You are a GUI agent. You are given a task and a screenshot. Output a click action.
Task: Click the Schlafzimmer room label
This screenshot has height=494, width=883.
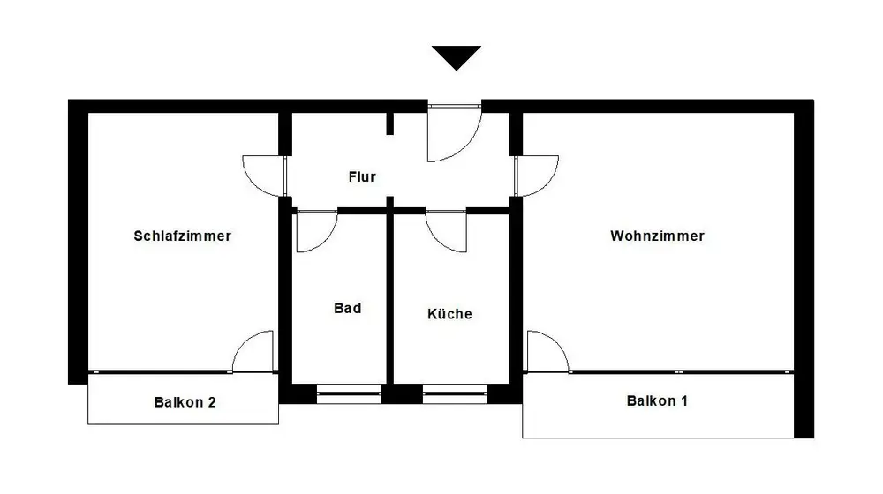click(x=182, y=236)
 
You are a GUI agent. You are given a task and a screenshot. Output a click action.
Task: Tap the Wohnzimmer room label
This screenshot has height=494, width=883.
click(x=657, y=236)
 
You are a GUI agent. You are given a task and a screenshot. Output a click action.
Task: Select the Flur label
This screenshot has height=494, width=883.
click(x=362, y=177)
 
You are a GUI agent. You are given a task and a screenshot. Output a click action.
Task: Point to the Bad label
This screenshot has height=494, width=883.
click(x=347, y=309)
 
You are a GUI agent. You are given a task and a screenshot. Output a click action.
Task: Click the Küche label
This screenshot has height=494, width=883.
click(x=449, y=314)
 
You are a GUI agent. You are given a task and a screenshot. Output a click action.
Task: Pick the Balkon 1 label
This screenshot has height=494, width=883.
click(x=657, y=401)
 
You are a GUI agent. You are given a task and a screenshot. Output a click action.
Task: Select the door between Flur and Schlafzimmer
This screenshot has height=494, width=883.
click(x=265, y=175)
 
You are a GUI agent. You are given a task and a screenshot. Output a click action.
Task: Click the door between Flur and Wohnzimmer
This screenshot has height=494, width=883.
click(x=537, y=175)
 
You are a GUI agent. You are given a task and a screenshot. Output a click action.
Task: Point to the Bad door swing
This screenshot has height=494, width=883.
click(x=313, y=231)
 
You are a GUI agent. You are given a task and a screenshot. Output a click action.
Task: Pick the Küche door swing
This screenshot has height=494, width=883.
click(x=446, y=231)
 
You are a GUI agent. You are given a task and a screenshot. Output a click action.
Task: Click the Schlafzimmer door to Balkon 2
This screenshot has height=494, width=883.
click(x=253, y=352)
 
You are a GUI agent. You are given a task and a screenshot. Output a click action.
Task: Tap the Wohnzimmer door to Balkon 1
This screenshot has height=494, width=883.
click(x=546, y=352)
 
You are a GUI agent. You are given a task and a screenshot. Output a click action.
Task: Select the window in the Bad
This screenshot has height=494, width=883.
click(x=348, y=393)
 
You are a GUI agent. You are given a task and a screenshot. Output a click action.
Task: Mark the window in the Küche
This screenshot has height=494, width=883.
click(x=454, y=393)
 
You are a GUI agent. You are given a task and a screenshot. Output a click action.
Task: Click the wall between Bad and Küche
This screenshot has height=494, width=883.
click(x=388, y=300)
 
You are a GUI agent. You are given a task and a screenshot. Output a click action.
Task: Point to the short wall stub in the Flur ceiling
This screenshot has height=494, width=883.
click(x=389, y=123)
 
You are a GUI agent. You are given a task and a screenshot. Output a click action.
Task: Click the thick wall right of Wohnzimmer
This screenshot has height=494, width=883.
click(x=803, y=265)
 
